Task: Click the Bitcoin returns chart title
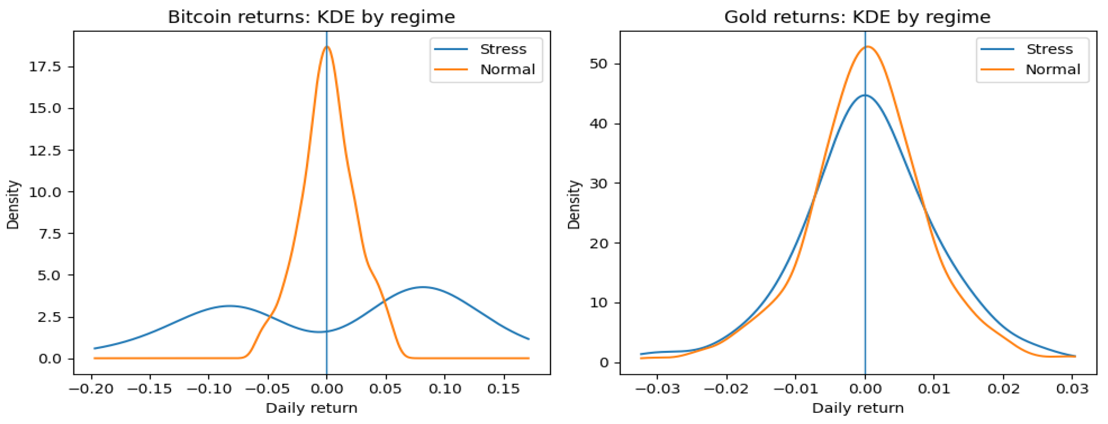311,17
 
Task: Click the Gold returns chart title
857,17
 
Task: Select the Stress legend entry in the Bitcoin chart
502,49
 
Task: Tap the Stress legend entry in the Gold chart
1049,49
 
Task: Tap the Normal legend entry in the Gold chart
1052,70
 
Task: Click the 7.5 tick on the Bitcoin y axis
51,233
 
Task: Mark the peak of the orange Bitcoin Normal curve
327,46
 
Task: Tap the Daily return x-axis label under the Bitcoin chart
311,408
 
